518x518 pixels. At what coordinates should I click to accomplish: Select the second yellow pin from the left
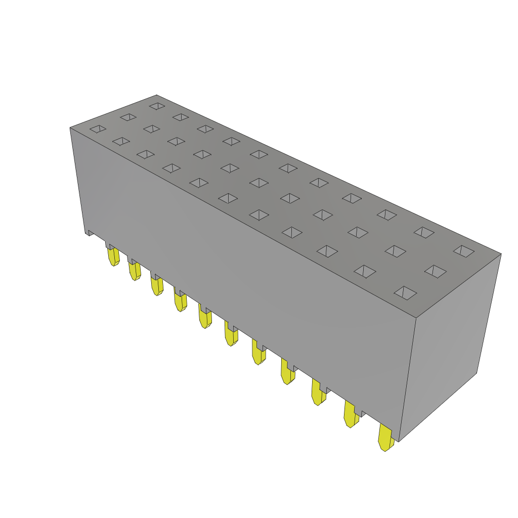click(x=135, y=271)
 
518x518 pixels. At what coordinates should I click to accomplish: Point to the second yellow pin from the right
click(x=350, y=414)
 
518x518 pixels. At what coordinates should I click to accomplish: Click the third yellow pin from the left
click(x=157, y=285)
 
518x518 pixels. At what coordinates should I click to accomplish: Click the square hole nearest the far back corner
click(x=157, y=106)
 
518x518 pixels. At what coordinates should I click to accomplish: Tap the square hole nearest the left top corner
click(x=98, y=129)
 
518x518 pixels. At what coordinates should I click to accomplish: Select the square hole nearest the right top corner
click(x=464, y=251)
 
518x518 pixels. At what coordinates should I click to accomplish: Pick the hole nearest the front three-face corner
click(x=405, y=293)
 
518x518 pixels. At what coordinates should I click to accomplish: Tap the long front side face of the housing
click(x=243, y=263)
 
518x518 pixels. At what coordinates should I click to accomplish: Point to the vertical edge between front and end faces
click(x=407, y=379)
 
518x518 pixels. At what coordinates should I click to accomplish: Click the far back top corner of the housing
click(x=157, y=95)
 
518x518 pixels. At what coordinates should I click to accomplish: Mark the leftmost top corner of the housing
click(x=70, y=128)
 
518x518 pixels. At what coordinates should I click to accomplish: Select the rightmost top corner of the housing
click(x=501, y=254)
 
